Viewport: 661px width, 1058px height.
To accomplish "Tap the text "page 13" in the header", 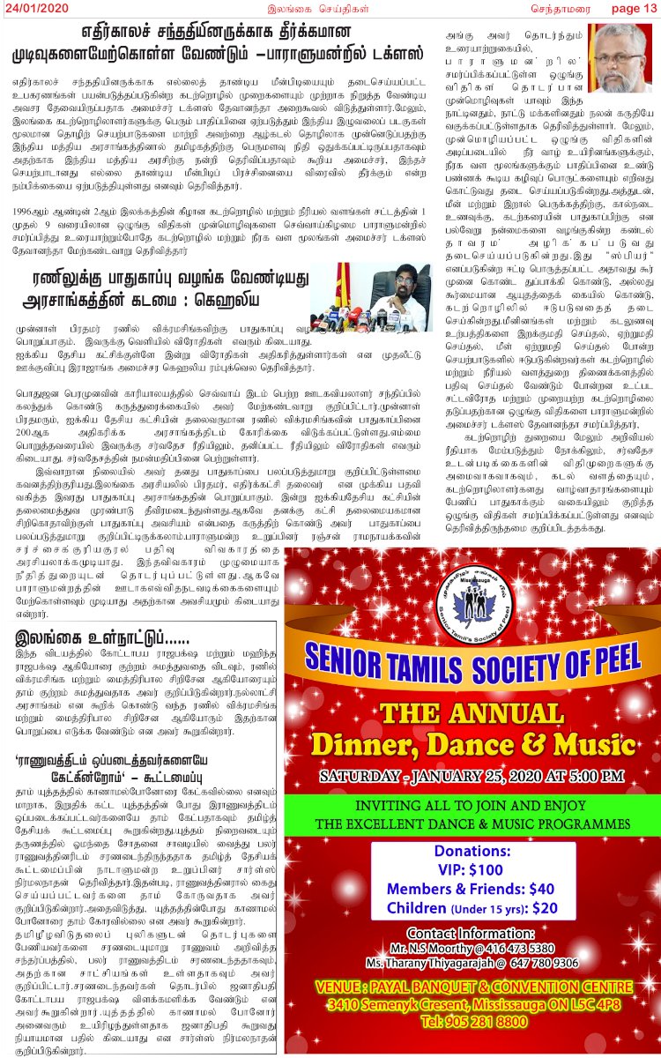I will [635, 9].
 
